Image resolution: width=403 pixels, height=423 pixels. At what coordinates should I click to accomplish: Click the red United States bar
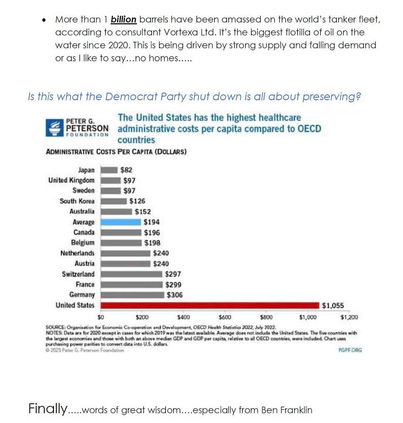point(210,305)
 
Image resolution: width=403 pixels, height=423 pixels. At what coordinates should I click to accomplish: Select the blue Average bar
point(121,222)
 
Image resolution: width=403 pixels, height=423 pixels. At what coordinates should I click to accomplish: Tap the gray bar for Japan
point(109,170)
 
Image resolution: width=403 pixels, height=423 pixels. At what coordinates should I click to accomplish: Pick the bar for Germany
point(132,295)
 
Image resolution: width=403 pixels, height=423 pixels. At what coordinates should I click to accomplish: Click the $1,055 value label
point(333,306)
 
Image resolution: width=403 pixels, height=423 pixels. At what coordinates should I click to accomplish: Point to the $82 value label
point(126,170)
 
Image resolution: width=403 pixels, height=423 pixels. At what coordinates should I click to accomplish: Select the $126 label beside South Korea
point(137,201)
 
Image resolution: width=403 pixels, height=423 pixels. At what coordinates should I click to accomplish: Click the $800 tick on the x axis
point(266,317)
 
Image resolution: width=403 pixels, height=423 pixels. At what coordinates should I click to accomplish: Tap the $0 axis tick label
point(101,317)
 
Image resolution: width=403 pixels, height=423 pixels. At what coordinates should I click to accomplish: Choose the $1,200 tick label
point(349,317)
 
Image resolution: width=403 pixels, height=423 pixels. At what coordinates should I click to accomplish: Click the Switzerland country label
point(78,274)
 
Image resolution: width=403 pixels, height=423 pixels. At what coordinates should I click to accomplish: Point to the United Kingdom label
point(71,180)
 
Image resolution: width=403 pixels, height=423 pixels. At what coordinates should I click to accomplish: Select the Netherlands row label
point(77,253)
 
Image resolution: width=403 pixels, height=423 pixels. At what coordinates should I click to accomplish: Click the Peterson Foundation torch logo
point(55,128)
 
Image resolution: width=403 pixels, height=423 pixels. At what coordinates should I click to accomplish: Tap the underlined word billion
point(123,19)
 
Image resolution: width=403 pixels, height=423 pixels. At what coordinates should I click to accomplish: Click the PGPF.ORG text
point(350,350)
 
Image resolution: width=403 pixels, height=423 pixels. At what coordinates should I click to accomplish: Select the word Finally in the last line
point(48,409)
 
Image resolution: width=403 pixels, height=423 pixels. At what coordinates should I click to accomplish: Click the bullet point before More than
point(44,20)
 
